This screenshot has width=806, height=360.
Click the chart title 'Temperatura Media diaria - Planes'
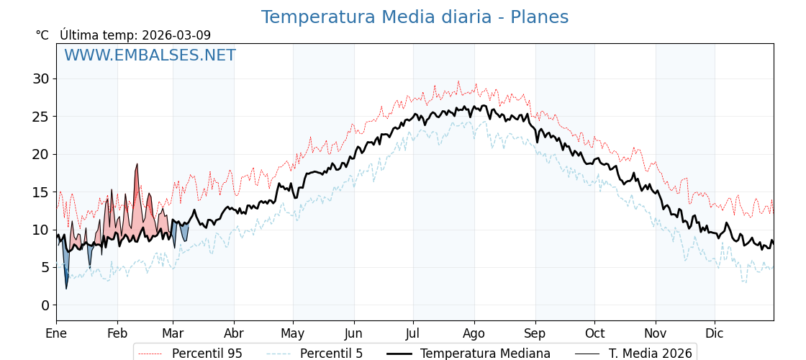tap(415, 17)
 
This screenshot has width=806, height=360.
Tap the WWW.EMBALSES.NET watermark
tap(150, 55)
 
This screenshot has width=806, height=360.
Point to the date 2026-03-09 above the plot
tap(176, 35)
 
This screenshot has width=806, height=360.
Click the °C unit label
tap(42, 35)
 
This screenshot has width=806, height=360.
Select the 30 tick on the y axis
tap(40, 78)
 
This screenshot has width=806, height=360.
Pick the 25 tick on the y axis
tap(40, 116)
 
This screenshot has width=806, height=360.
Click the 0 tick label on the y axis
tap(45, 305)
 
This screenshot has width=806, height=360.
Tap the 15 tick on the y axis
tap(40, 192)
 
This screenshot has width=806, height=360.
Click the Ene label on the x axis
tap(56, 333)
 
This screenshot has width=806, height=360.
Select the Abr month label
tap(234, 333)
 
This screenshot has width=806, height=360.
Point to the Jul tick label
tap(413, 333)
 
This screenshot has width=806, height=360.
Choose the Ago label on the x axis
tap(474, 333)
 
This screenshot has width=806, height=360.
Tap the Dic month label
tap(715, 333)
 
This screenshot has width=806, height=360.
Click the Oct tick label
tap(594, 333)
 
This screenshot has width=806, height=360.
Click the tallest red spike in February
tap(137, 165)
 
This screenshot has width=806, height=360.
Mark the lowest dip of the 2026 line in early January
tap(66, 288)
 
